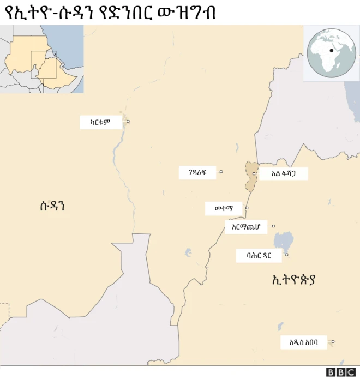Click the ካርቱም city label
click(x=100, y=122)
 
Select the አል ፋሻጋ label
click(x=283, y=174)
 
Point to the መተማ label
click(x=224, y=208)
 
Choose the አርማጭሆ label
click(x=246, y=227)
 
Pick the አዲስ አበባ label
click(x=308, y=342)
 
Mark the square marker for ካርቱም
click(x=128, y=121)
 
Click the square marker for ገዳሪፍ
click(x=221, y=172)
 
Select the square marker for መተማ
click(x=247, y=208)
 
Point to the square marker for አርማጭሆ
click(x=273, y=226)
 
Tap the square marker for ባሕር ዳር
click(x=287, y=255)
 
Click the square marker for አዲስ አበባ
click(x=333, y=342)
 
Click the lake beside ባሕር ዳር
click(x=284, y=240)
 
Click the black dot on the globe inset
click(x=331, y=51)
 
